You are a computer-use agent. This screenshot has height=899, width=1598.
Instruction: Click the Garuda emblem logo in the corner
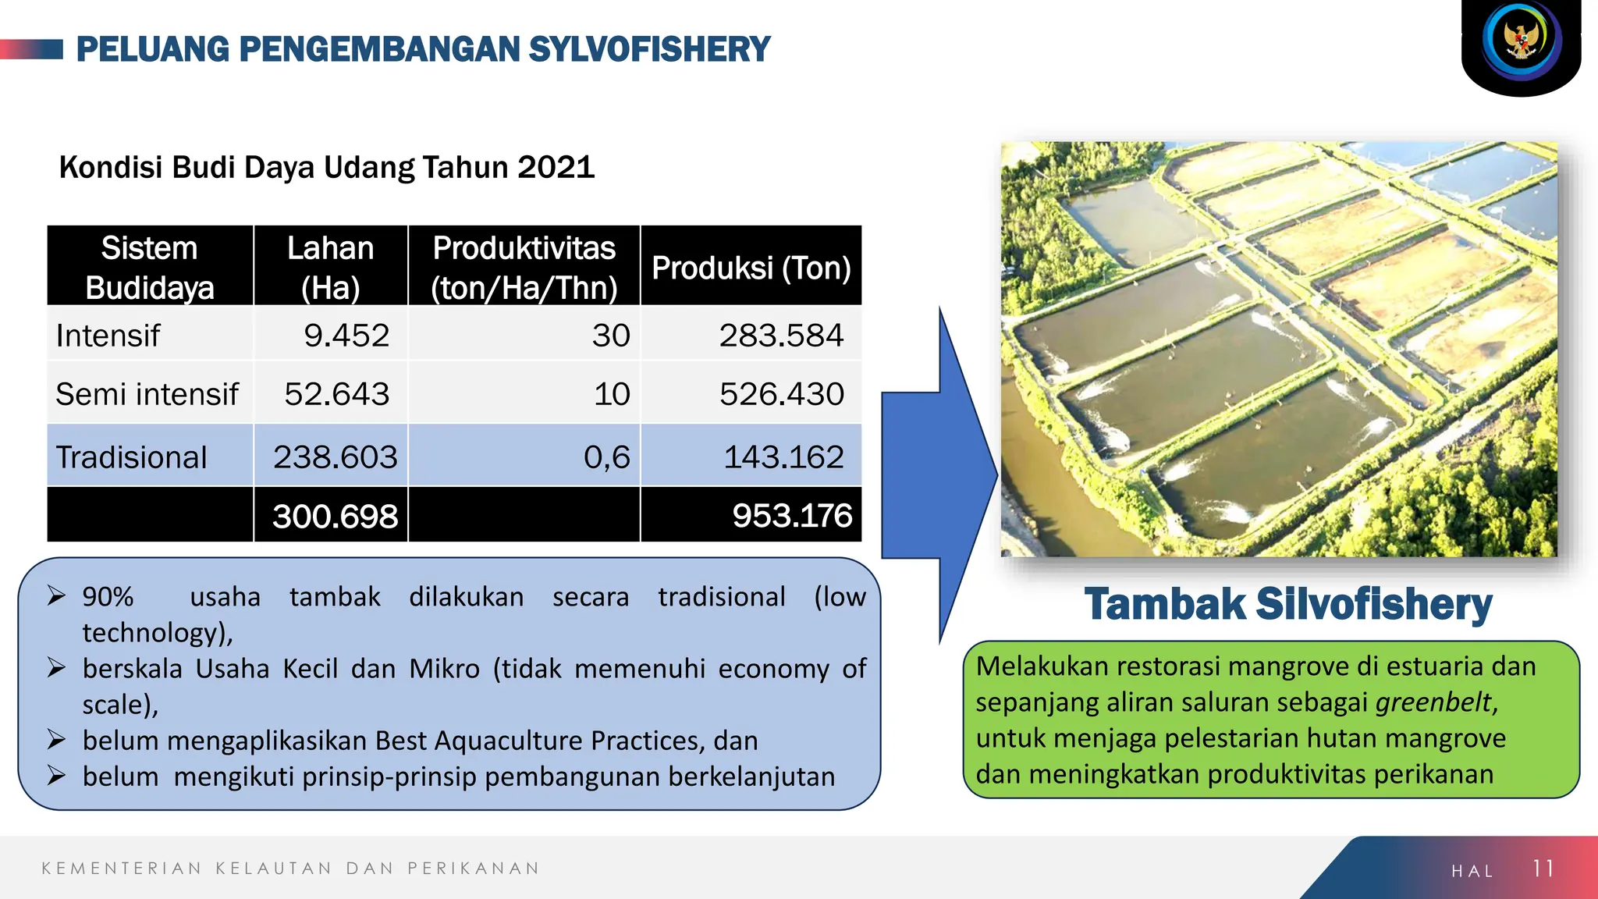pyautogui.click(x=1522, y=41)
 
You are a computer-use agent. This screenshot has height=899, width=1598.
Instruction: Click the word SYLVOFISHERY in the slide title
pyautogui.click(x=649, y=49)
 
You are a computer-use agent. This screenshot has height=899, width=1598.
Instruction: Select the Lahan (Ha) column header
pyautogui.click(x=330, y=267)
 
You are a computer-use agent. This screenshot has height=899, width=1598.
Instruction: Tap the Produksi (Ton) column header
pyautogui.click(x=751, y=268)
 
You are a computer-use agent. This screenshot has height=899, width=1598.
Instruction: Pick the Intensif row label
pyautogui.click(x=108, y=336)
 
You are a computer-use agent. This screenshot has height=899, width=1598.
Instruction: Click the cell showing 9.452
pyautogui.click(x=346, y=336)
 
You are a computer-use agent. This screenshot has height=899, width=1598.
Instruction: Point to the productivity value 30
pyautogui.click(x=610, y=336)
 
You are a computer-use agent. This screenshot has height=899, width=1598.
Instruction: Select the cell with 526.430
pyautogui.click(x=781, y=394)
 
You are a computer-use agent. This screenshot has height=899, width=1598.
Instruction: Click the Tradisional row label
pyautogui.click(x=131, y=457)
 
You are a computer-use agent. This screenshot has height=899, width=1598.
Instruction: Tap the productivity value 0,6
pyautogui.click(x=606, y=457)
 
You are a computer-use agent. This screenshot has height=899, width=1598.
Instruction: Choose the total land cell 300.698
pyautogui.click(x=335, y=516)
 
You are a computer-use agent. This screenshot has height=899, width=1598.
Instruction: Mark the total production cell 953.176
pyautogui.click(x=791, y=516)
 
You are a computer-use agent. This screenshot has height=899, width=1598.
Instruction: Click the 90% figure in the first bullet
pyautogui.click(x=108, y=597)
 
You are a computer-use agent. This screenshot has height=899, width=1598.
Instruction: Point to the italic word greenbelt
pyautogui.click(x=1433, y=702)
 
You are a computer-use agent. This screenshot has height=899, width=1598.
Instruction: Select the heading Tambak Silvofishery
pyautogui.click(x=1287, y=605)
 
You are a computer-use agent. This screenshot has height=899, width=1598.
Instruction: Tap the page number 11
pyautogui.click(x=1543, y=869)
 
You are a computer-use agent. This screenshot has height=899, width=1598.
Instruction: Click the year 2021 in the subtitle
pyautogui.click(x=556, y=167)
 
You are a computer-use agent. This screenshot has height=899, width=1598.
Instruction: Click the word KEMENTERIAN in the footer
pyautogui.click(x=122, y=869)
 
